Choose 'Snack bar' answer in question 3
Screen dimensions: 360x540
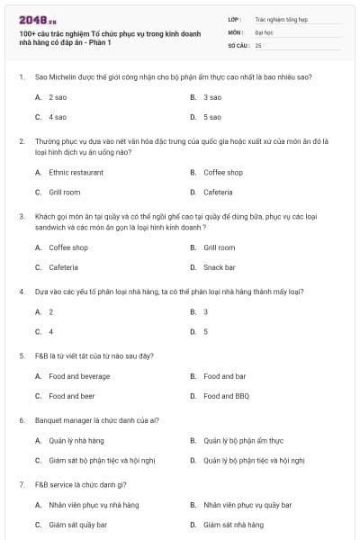[219, 267]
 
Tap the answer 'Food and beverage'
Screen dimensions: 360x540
[79, 376]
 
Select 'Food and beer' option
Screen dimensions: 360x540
[71, 396]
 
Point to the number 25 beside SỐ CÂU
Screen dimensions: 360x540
[258, 44]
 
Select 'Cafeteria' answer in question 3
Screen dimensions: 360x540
[63, 267]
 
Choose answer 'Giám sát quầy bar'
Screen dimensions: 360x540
[77, 525]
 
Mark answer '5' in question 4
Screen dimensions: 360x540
[205, 331]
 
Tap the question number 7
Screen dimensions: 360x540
[21, 484]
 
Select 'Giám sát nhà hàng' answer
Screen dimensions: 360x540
[233, 525]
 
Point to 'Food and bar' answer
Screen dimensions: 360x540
[224, 376]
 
